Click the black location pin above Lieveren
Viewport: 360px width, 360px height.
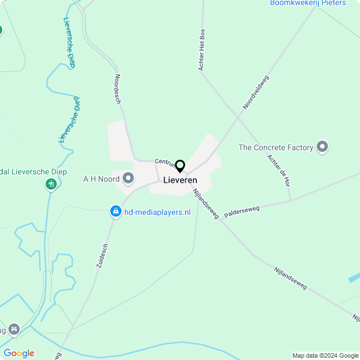click(x=180, y=166)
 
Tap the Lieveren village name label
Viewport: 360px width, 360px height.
click(x=180, y=180)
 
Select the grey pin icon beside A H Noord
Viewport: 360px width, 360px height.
click(x=128, y=179)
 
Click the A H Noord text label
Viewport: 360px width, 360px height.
click(x=101, y=179)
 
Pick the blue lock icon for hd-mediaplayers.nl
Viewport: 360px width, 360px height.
click(x=115, y=211)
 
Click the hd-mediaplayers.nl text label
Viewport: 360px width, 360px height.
click(x=157, y=212)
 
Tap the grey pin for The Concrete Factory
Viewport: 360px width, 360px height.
click(x=322, y=147)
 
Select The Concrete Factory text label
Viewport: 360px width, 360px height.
click(x=276, y=147)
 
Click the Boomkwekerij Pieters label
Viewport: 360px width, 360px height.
click(x=308, y=3)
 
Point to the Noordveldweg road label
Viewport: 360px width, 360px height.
click(x=256, y=92)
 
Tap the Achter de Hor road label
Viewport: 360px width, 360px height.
click(x=279, y=170)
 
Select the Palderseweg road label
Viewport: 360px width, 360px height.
click(x=242, y=212)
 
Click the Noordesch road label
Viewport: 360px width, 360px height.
click(x=118, y=89)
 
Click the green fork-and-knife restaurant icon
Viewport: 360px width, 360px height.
click(x=51, y=183)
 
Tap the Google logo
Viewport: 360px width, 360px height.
click(x=19, y=353)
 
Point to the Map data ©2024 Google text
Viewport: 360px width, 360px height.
click(x=325, y=355)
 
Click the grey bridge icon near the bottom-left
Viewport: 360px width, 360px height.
click(x=14, y=328)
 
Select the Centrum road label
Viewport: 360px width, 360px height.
click(x=166, y=162)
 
